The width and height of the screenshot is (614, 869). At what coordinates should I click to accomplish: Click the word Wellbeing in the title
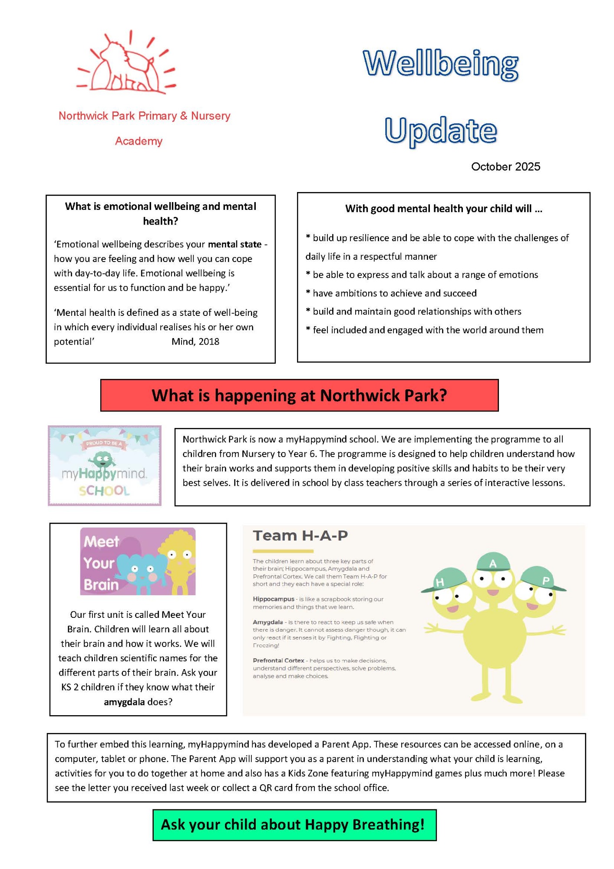pos(440,64)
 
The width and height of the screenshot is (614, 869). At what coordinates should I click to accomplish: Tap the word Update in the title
pos(440,130)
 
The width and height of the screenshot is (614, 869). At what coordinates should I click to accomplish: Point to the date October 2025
pos(505,167)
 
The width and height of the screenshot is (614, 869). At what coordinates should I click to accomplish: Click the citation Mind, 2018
pos(195,342)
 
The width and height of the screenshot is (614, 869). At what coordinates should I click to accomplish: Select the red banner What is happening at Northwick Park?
pos(299,395)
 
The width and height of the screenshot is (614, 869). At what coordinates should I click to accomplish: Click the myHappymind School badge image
pos(105,465)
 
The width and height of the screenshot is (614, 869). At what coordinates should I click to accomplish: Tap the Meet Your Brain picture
pos(138,561)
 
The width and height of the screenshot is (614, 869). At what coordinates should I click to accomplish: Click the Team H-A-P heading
pos(300,536)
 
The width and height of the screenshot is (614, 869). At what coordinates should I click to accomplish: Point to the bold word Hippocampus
pos(274,599)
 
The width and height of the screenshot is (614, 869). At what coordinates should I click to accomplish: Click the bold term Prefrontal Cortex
pos(278,660)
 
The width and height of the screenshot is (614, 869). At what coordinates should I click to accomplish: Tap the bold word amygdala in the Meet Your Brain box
pos(124,702)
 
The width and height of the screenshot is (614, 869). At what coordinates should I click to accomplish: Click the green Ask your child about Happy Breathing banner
pos(294,825)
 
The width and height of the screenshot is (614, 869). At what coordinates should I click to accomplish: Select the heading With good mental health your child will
pos(443,209)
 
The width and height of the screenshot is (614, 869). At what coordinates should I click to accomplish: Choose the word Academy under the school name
pos(139,141)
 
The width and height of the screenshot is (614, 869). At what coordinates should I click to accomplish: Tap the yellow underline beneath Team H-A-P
pos(283,551)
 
